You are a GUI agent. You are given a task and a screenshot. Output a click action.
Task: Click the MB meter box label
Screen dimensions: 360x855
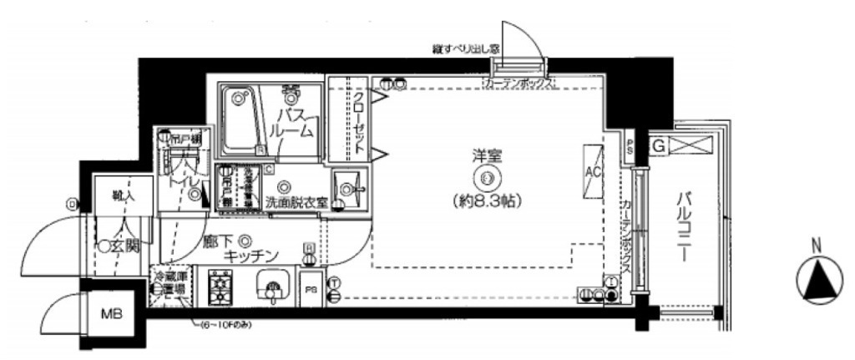click(x=111, y=315)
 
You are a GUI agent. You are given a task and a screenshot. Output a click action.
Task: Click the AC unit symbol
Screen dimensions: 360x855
click(x=594, y=172)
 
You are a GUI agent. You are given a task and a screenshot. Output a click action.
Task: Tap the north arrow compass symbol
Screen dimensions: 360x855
click(x=819, y=280)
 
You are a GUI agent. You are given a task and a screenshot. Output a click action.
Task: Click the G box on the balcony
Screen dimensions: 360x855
click(x=658, y=146)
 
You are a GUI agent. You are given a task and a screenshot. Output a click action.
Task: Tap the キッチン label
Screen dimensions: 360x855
click(x=250, y=257)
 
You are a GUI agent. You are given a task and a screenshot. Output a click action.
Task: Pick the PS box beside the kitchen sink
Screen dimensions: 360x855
click(x=310, y=290)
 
